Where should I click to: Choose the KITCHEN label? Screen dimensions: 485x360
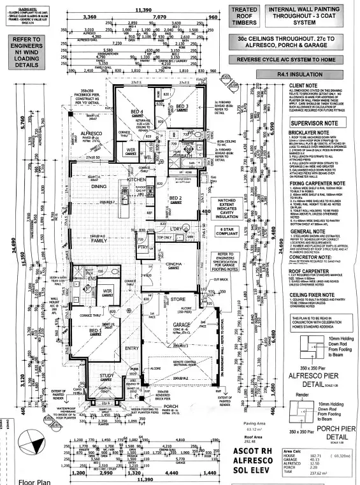click(136, 180)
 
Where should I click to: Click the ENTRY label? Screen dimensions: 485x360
click(132, 348)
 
